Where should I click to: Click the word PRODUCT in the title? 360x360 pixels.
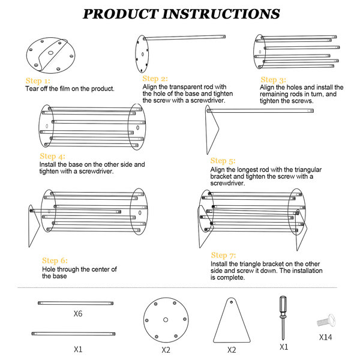click(121, 14)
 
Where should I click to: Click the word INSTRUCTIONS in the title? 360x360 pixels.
click(221, 14)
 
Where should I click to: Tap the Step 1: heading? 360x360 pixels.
click(38, 81)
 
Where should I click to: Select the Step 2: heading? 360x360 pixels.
click(155, 79)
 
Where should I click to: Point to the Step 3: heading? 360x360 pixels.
click(273, 80)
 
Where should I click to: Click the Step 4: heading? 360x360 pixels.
click(52, 157)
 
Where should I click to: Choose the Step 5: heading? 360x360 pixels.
click(223, 161)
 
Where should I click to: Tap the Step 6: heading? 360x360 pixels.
click(55, 261)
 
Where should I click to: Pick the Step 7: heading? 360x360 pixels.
click(223, 256)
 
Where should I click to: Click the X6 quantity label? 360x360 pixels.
click(78, 314)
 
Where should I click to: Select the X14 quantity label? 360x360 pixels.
click(326, 337)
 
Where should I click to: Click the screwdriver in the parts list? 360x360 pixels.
click(283, 318)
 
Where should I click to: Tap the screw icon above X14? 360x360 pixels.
click(326, 320)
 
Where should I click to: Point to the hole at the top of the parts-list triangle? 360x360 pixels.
click(232, 302)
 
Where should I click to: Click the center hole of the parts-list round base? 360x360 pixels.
click(166, 320)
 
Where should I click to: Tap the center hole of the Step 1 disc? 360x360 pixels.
click(51, 53)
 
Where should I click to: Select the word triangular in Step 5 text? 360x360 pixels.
click(308, 170)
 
